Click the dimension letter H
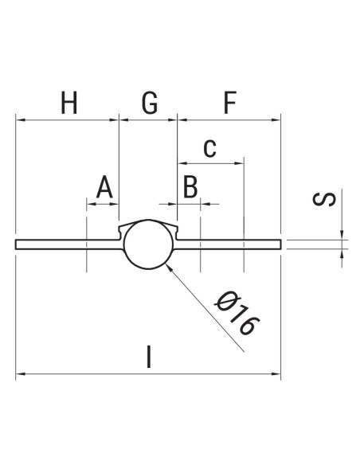[x=69, y=104]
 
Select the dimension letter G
[x=149, y=104]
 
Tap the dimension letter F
[x=229, y=104]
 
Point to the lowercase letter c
[x=209, y=147]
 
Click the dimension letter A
[x=104, y=189]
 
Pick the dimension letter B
[x=190, y=189]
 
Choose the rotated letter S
[x=324, y=198]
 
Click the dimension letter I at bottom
[x=149, y=356]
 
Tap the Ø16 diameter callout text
[x=237, y=313]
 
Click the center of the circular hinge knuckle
[x=147, y=244]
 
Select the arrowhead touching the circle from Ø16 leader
[x=168, y=268]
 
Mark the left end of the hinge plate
[x=17, y=244]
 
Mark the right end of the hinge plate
[x=280, y=244]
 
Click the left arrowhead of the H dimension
[x=20, y=120]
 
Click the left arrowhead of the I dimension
[x=20, y=372]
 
